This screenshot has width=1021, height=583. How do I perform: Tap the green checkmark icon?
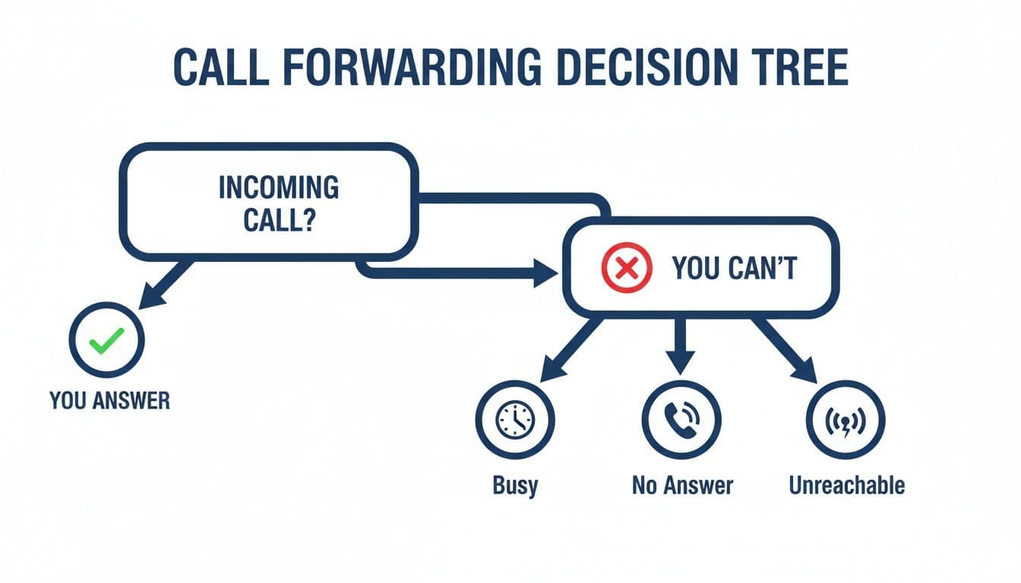click(106, 343)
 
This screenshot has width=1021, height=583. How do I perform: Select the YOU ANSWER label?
click(109, 400)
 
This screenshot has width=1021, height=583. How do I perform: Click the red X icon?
click(627, 269)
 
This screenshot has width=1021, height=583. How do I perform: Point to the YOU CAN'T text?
click(734, 269)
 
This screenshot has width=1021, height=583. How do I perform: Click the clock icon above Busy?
click(515, 419)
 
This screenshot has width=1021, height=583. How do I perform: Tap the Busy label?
click(515, 485)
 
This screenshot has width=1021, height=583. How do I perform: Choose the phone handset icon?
click(681, 419)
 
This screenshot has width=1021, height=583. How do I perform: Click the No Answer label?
click(682, 485)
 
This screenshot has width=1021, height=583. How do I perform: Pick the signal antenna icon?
click(845, 419)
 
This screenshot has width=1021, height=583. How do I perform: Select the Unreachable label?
click(846, 485)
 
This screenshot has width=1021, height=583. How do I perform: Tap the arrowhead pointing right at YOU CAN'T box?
click(545, 272)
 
